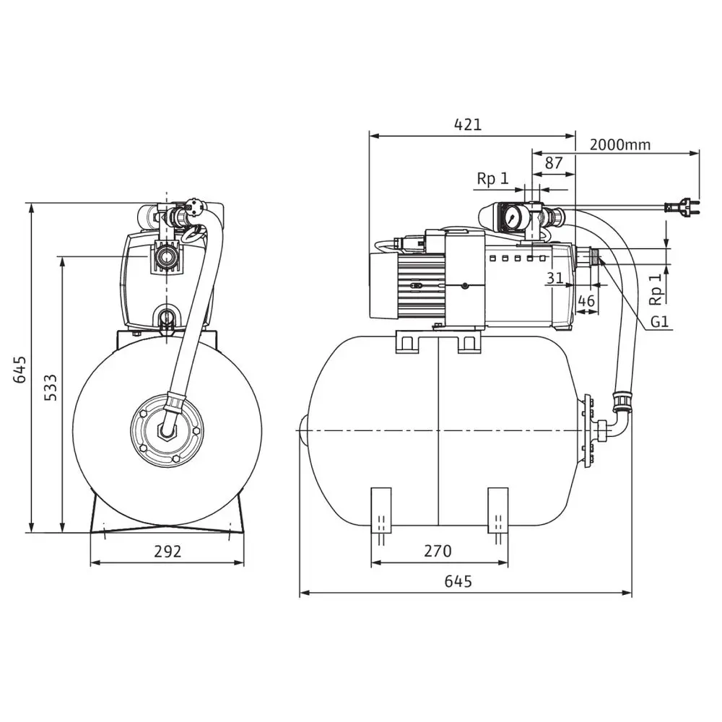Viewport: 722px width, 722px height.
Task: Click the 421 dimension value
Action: (x=467, y=124)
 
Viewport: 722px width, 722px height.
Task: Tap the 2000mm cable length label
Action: (x=619, y=144)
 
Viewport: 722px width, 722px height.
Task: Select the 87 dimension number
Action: (x=553, y=163)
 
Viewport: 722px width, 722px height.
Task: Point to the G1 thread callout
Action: (x=659, y=322)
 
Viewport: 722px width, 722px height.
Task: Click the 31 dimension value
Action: (x=554, y=278)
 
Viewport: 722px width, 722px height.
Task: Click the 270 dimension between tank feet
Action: (x=437, y=552)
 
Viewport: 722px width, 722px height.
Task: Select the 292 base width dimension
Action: (x=168, y=552)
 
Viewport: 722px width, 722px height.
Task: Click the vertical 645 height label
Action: (x=19, y=370)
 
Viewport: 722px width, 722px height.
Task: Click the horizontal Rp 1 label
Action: (x=492, y=178)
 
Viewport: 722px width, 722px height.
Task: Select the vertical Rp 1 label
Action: (x=655, y=289)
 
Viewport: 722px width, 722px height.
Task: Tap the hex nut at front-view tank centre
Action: (x=168, y=431)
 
